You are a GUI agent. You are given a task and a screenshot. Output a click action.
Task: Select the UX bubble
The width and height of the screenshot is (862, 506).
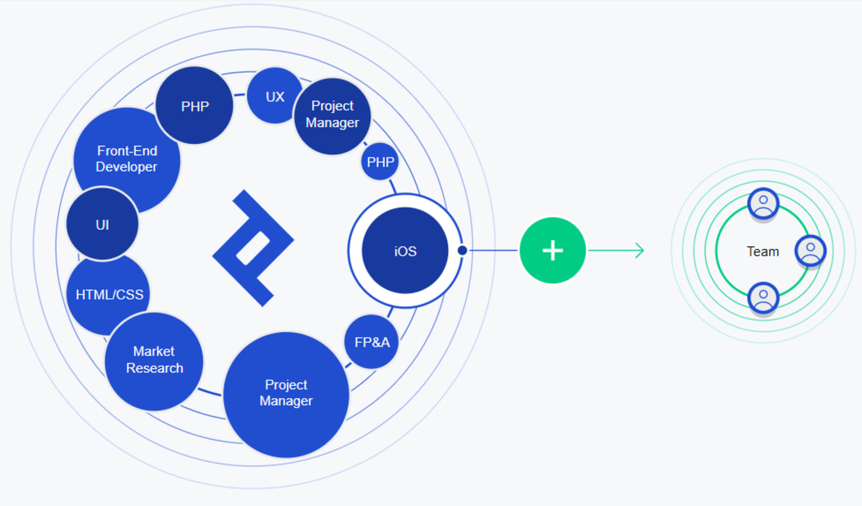coord(275,96)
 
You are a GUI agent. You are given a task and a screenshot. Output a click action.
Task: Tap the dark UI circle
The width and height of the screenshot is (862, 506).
coord(102,224)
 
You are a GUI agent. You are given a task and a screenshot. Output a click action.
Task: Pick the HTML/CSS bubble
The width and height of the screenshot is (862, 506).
coord(109,295)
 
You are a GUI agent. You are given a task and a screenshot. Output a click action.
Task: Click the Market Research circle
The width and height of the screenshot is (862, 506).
coord(154,360)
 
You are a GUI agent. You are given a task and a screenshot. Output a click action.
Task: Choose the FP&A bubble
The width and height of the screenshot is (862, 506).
coord(372,342)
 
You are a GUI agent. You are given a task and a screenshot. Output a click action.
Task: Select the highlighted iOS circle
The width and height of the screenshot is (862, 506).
coord(405,251)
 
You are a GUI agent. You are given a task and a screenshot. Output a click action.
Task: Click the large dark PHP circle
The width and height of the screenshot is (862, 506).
coord(194,106)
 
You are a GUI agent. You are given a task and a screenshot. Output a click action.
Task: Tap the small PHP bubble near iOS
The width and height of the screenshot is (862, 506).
coord(380,162)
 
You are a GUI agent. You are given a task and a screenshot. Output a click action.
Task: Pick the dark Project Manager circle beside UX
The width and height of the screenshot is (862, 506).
coord(332,115)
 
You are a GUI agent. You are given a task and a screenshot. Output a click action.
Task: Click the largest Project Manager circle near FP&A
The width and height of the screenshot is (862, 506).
coord(286,394)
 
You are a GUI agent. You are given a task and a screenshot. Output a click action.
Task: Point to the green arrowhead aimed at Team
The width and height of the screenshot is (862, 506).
coord(640,250)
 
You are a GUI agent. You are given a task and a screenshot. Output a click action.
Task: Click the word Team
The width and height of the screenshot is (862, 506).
coord(763,251)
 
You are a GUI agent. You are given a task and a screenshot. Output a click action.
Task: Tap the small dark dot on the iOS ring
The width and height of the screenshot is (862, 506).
coord(462,250)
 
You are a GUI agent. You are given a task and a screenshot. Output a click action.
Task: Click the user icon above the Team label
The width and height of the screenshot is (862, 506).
coord(763,204)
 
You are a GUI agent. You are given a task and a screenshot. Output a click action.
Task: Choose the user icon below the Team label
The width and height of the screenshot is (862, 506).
coord(763,298)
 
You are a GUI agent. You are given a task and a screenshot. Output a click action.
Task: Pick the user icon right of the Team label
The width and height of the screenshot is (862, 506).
coord(810,250)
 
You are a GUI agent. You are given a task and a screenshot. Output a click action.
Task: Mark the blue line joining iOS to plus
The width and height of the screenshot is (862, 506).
coord(493,250)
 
